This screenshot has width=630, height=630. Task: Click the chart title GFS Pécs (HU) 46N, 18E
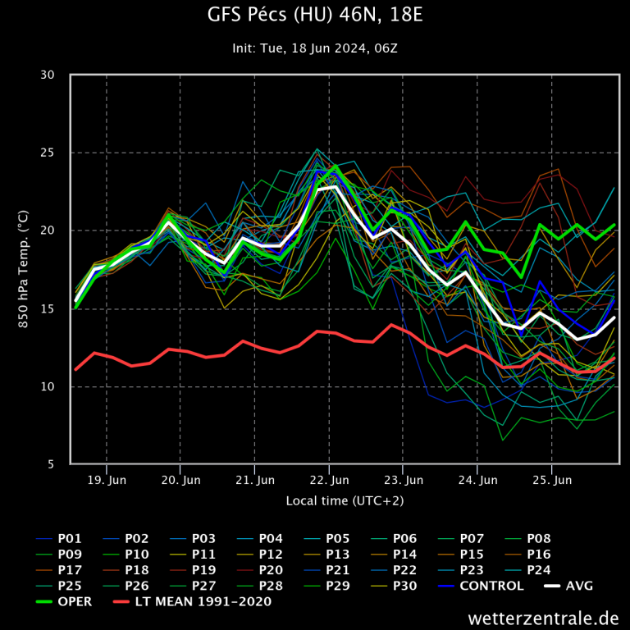[x=315, y=16]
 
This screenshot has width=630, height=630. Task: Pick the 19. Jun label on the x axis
[x=107, y=480]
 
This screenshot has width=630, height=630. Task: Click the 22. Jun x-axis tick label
[x=329, y=480]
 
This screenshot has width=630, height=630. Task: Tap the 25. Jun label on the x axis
[x=552, y=480]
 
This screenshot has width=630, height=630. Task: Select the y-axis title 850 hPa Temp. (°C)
[x=23, y=269]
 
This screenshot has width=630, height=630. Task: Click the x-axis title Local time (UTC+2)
[x=345, y=500]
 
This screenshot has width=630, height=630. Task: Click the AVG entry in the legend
[x=579, y=586]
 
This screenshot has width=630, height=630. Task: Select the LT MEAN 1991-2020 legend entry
[x=203, y=601]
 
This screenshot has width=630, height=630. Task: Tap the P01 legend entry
[x=70, y=539]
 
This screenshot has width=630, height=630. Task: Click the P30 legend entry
[x=405, y=586]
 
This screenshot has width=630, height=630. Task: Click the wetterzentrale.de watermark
[x=543, y=617]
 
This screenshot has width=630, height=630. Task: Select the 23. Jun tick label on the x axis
[x=404, y=480]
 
